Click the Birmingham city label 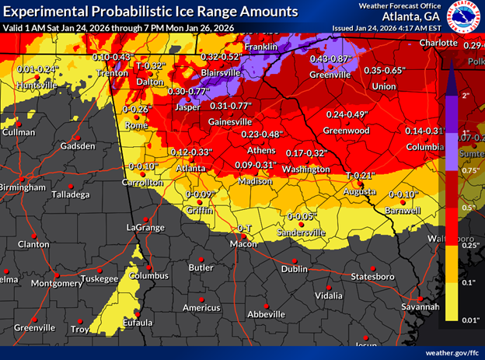pyautogui.click(x=22, y=187)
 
